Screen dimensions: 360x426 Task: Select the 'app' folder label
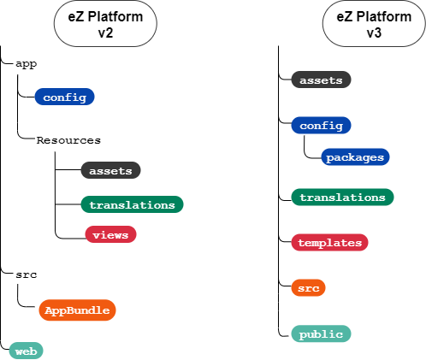click(26, 63)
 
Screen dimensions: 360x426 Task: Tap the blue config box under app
click(64, 97)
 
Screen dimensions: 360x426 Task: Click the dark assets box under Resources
click(110, 170)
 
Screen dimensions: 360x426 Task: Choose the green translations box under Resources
click(132, 204)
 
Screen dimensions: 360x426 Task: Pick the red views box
click(110, 233)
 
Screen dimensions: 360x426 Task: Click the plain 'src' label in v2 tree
click(26, 274)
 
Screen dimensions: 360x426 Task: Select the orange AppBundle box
click(77, 310)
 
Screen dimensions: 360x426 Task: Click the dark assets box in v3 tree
click(321, 80)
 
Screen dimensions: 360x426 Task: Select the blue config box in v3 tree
click(321, 126)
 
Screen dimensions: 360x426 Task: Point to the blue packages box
click(354, 157)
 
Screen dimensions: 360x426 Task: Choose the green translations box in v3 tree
click(342, 197)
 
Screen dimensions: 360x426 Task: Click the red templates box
click(329, 243)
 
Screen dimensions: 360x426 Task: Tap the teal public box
click(321, 333)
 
